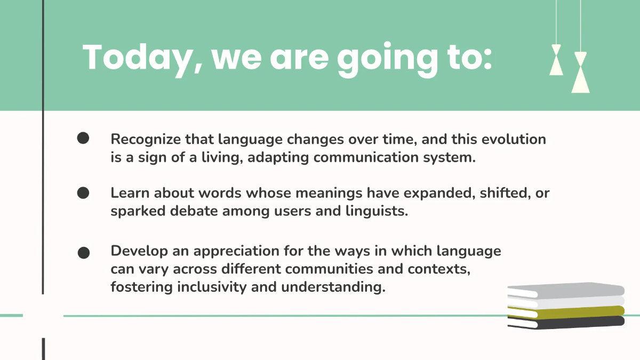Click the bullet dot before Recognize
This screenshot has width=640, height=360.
click(83, 139)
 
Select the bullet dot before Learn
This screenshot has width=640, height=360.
click(83, 193)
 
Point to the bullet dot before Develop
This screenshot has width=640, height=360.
click(84, 252)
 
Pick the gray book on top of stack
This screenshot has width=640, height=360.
click(565, 290)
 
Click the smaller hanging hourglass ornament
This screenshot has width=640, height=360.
click(556, 60)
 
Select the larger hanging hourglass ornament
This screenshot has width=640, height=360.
click(580, 73)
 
